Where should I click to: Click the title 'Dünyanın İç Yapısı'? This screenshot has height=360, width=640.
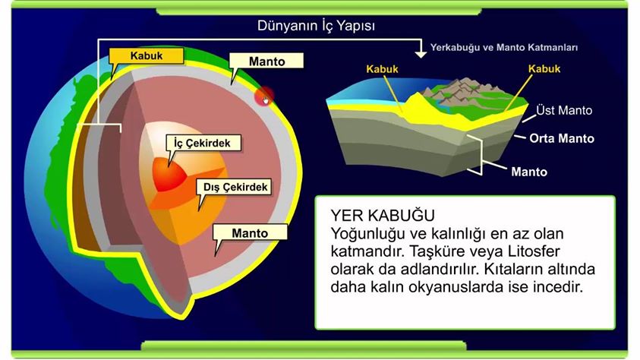[x=316, y=26]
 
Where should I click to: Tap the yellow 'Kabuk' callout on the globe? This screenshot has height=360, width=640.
[x=146, y=56]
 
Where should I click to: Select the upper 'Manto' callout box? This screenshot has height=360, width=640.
[x=266, y=62]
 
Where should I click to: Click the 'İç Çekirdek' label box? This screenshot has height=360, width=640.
[x=203, y=143]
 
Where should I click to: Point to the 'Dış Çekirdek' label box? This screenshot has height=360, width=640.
[x=235, y=187]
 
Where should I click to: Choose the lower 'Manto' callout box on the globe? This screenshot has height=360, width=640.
[x=250, y=232]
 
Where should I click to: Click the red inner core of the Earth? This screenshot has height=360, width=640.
[x=169, y=174]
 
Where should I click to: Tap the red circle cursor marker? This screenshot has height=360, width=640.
[x=264, y=96]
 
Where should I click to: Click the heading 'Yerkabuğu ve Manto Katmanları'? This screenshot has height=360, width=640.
[x=504, y=47]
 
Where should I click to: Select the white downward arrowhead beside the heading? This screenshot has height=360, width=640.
[x=421, y=54]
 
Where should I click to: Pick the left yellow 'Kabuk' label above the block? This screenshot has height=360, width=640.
[x=382, y=69]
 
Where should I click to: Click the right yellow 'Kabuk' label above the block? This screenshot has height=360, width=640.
[x=544, y=68]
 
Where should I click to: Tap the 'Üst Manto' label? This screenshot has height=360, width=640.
[x=564, y=110]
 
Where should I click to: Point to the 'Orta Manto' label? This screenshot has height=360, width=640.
[x=562, y=138]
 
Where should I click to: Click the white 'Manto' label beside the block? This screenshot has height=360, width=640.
[x=529, y=172]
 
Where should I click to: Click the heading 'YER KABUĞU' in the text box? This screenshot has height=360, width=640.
[x=383, y=215]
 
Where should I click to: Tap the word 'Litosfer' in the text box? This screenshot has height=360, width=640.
[x=534, y=251]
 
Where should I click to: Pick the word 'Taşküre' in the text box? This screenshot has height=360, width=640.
[x=436, y=251]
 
